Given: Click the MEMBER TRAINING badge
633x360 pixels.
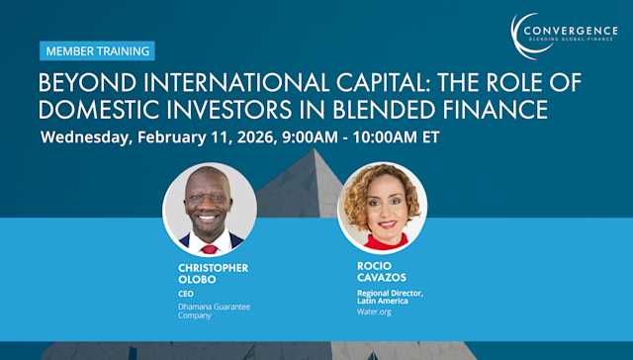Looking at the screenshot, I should point(97,50).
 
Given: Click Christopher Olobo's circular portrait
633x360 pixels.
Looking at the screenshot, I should point(210,209).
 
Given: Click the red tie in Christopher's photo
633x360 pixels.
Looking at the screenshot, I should point(210,249).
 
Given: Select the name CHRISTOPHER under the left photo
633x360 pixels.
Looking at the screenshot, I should point(214,268).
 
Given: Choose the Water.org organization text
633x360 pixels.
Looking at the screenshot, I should point(374,312).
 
